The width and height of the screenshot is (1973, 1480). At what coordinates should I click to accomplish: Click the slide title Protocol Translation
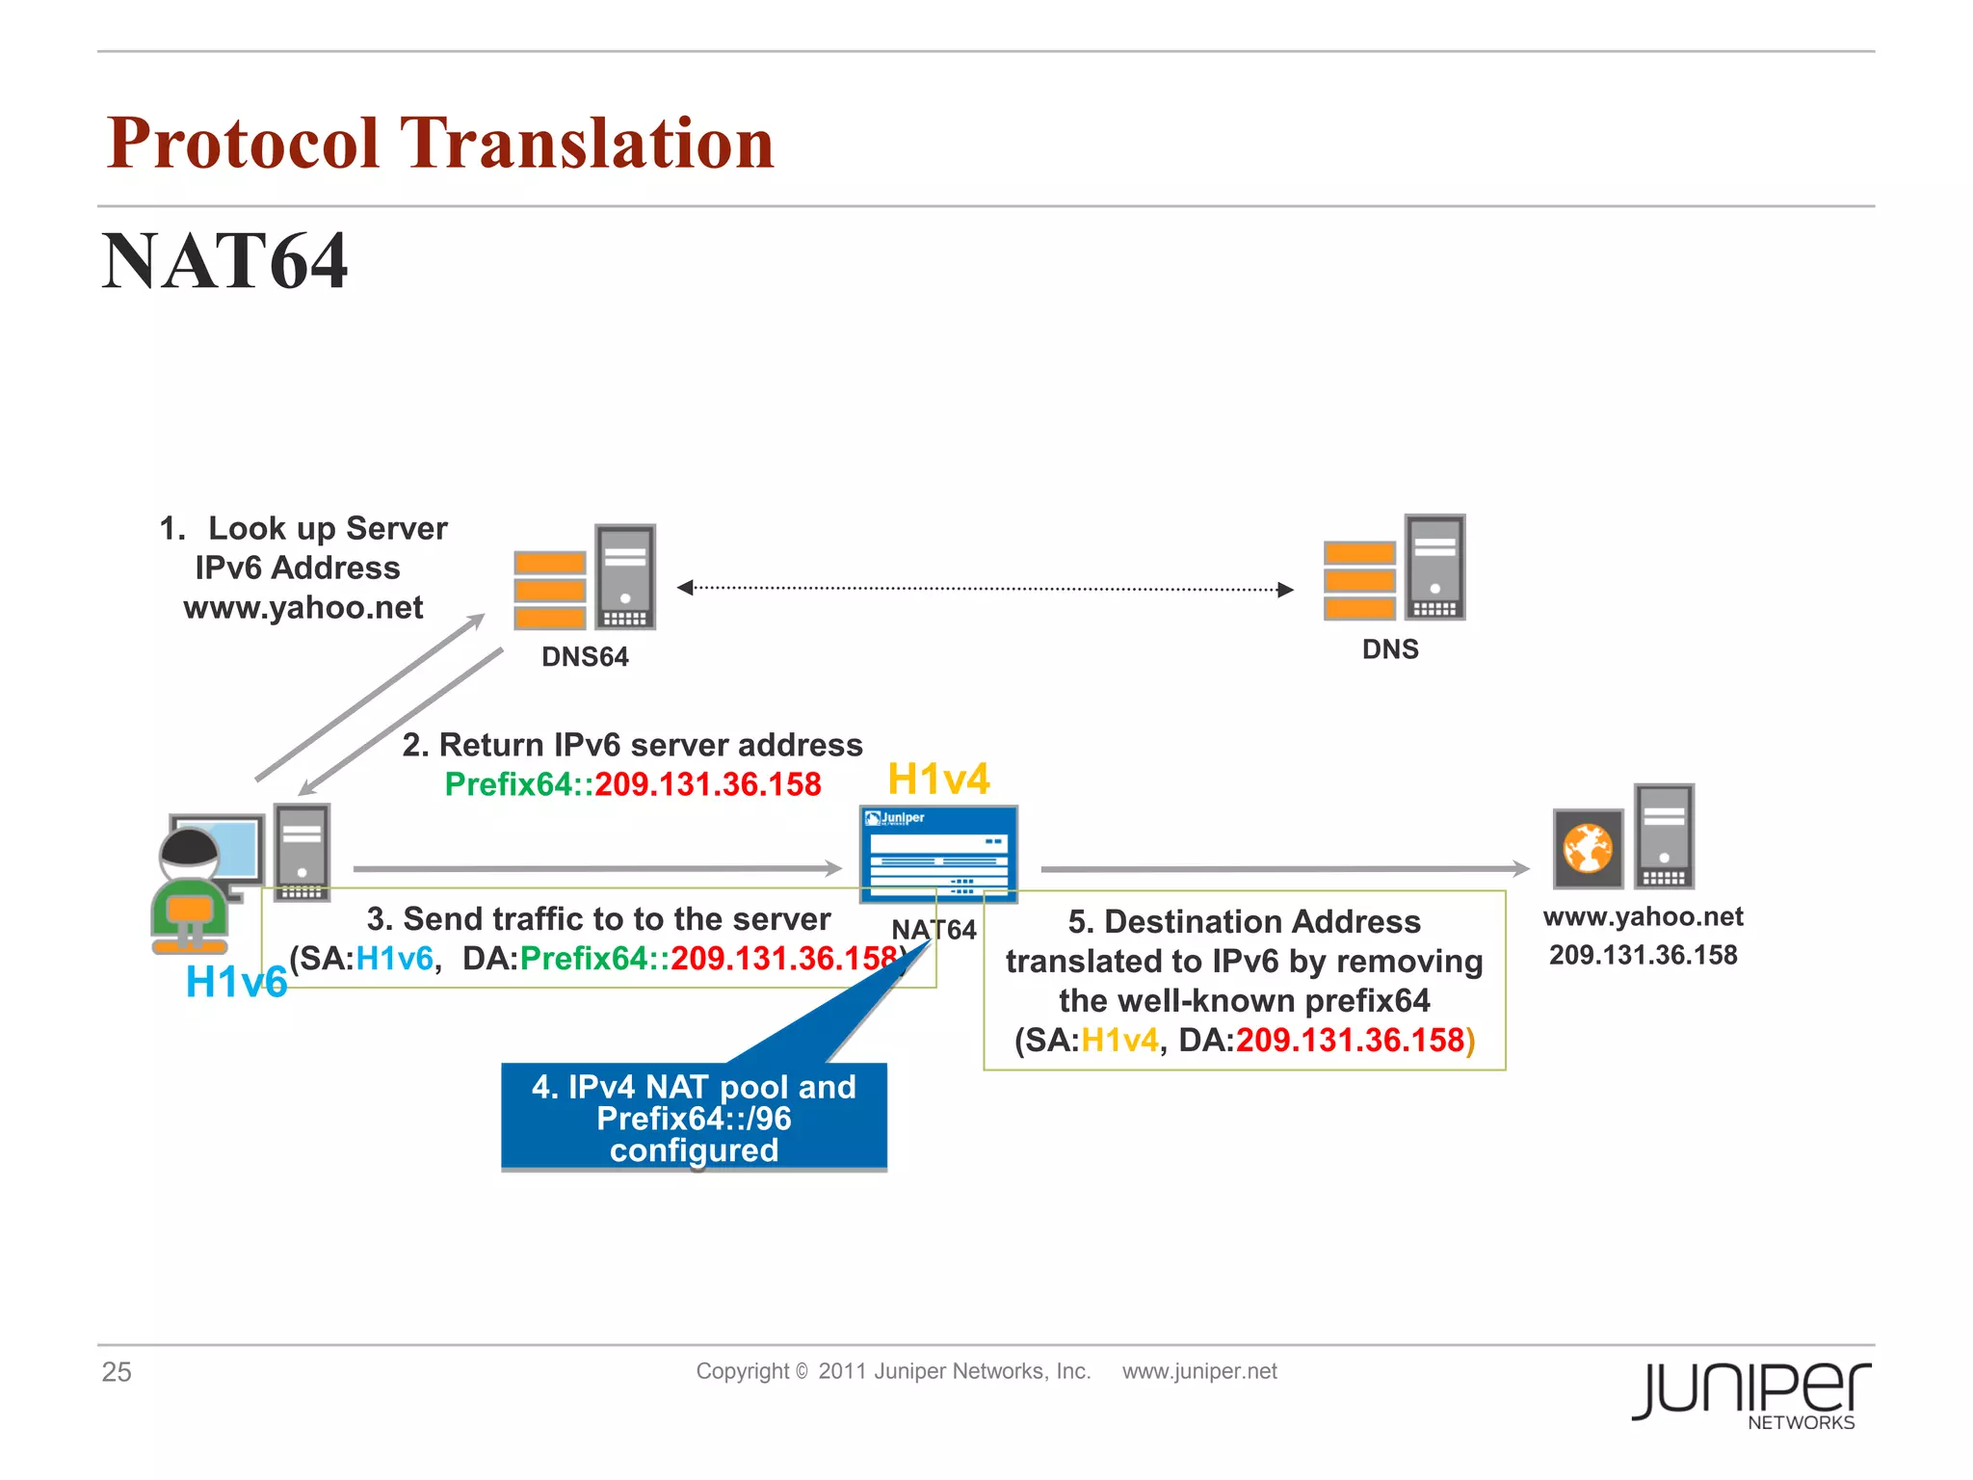click(440, 143)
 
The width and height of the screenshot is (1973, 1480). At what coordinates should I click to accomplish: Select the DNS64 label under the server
click(585, 657)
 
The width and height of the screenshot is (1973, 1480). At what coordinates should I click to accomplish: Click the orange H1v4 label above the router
click(937, 779)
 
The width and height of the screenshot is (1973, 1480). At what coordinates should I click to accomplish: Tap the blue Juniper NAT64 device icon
click(938, 854)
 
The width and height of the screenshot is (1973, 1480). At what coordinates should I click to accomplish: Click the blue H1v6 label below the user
click(236, 982)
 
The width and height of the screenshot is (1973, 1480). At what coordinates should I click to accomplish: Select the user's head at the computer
click(190, 849)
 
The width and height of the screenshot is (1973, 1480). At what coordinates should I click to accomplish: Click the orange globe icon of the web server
click(1588, 849)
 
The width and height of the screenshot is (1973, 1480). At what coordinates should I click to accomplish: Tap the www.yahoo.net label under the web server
click(1643, 916)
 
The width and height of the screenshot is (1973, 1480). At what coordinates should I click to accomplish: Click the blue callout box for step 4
click(694, 1118)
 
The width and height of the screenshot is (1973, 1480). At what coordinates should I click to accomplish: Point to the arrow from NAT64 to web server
click(1284, 869)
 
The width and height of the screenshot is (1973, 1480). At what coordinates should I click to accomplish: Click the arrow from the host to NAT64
click(597, 869)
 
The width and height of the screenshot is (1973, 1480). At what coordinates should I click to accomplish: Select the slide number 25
click(117, 1371)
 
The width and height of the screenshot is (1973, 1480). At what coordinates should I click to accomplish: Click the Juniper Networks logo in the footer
click(1751, 1393)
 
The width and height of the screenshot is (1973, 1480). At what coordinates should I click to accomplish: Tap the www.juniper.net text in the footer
click(1199, 1371)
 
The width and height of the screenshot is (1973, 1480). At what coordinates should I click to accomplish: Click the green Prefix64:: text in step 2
click(518, 784)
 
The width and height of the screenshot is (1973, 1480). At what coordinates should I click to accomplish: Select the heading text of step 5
click(1244, 922)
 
